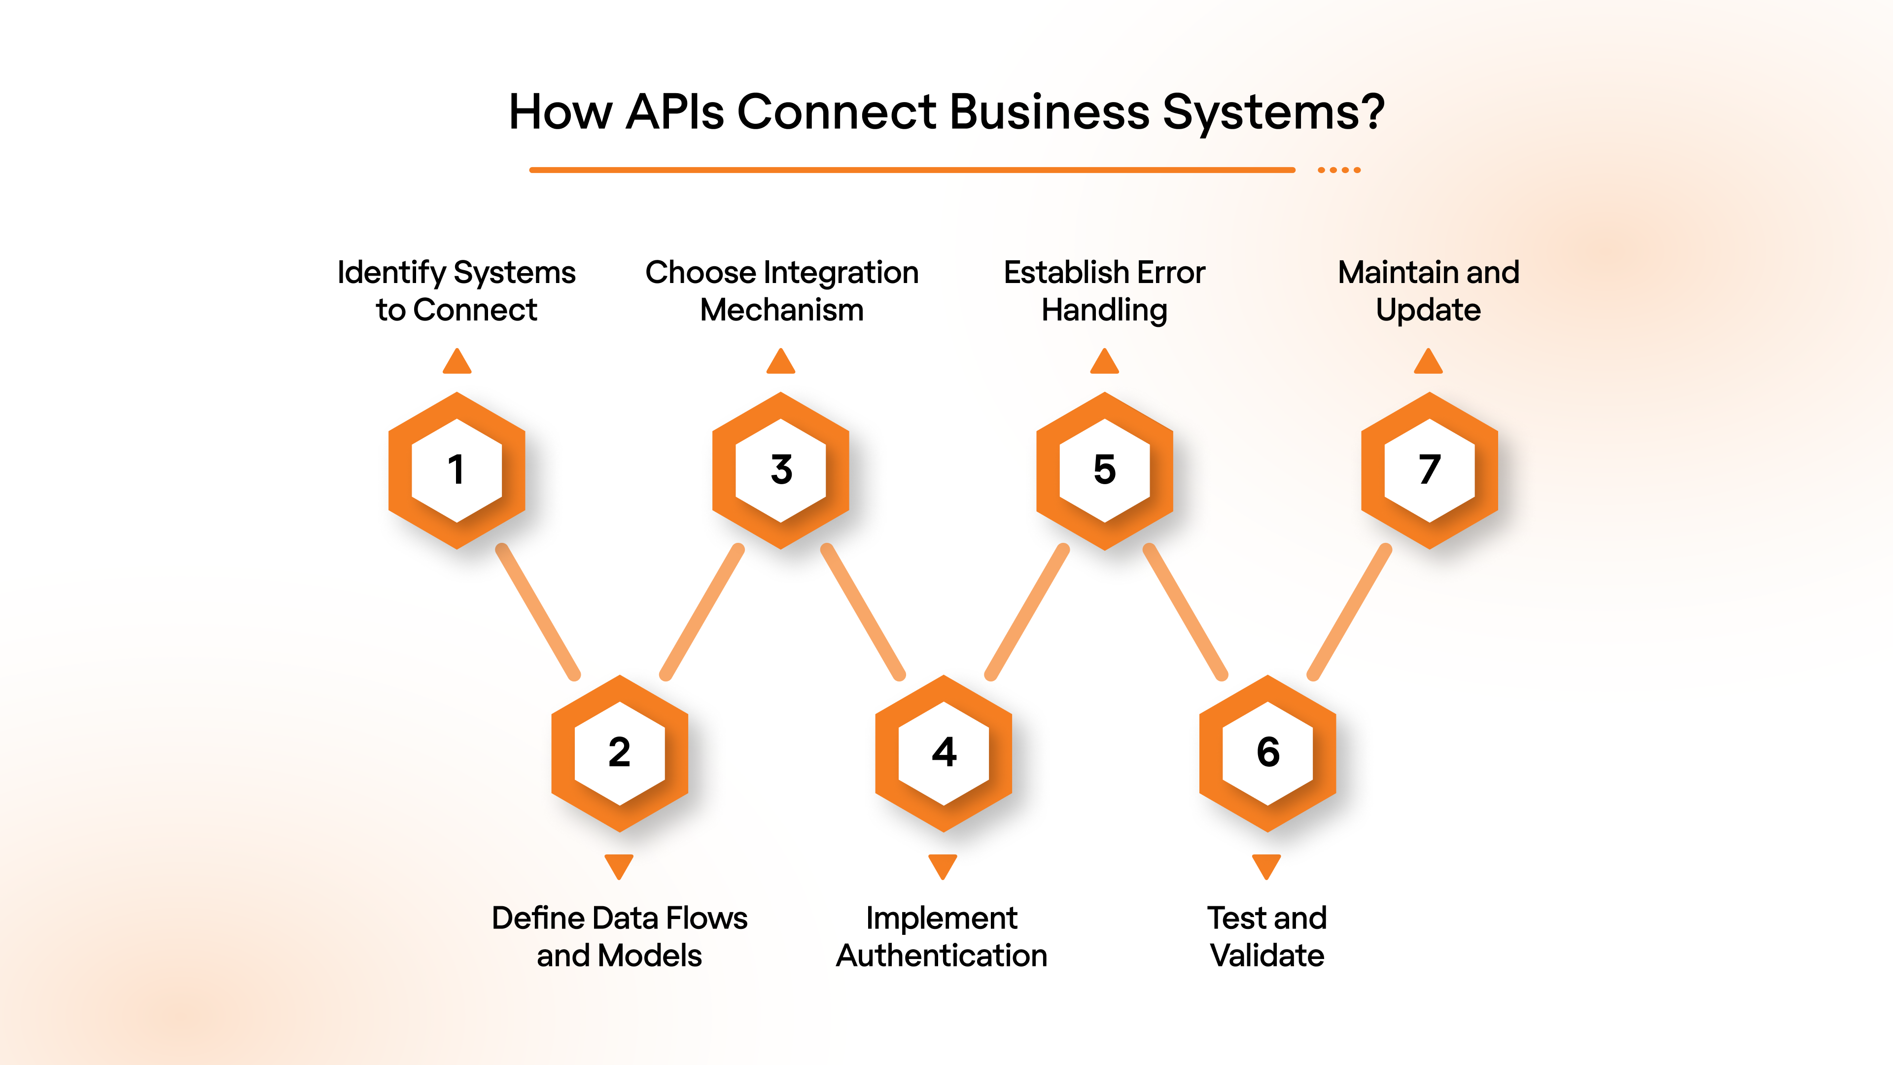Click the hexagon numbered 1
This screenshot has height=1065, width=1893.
pos(456,470)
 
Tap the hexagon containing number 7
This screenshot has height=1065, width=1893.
pos(1429,470)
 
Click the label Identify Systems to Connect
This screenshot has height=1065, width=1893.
pos(456,291)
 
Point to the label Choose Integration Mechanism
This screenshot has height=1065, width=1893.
pos(781,291)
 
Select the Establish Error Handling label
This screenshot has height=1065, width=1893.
pos(1104,291)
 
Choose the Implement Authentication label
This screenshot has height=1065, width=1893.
pos(942,936)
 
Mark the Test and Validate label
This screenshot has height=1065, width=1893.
pos(1267,936)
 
